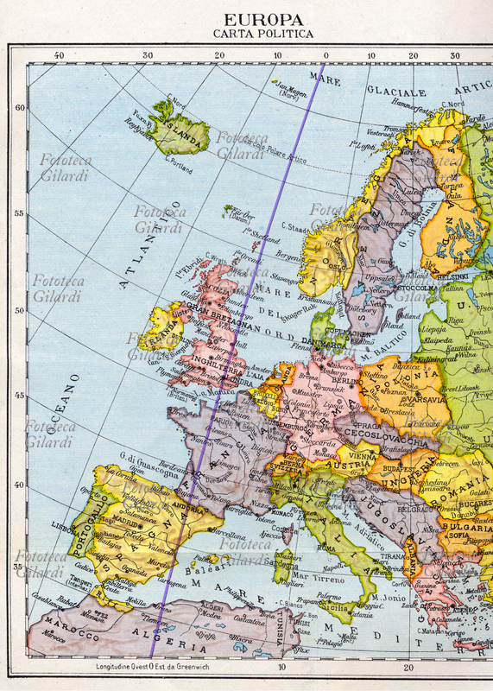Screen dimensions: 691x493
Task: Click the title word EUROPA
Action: pyautogui.click(x=263, y=19)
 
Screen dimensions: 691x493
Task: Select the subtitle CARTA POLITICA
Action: pyautogui.click(x=263, y=34)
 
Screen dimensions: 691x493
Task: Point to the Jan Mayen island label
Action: pyautogui.click(x=292, y=87)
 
